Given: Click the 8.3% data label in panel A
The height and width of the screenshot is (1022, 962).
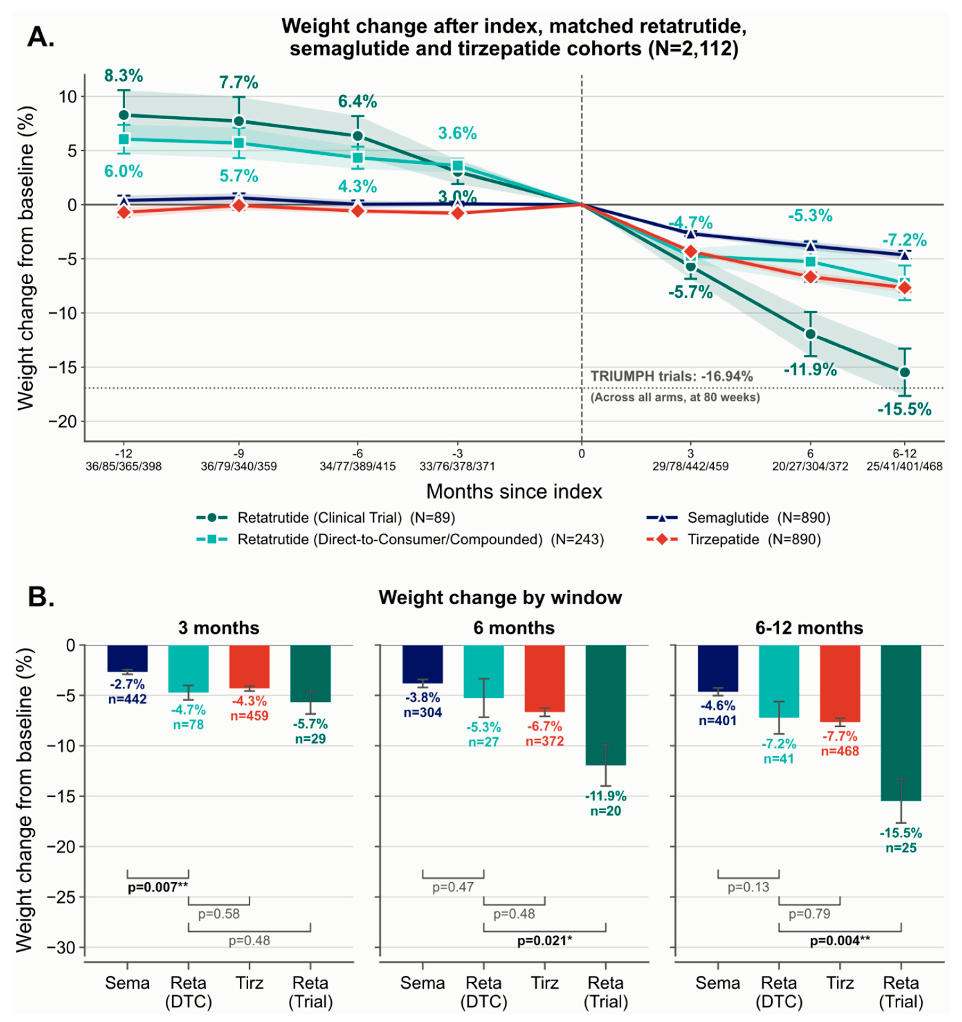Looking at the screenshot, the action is (x=123, y=75).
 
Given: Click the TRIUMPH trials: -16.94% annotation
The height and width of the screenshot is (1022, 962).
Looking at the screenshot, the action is (x=671, y=376).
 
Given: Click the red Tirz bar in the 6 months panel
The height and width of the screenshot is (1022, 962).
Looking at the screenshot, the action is (x=545, y=679).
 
